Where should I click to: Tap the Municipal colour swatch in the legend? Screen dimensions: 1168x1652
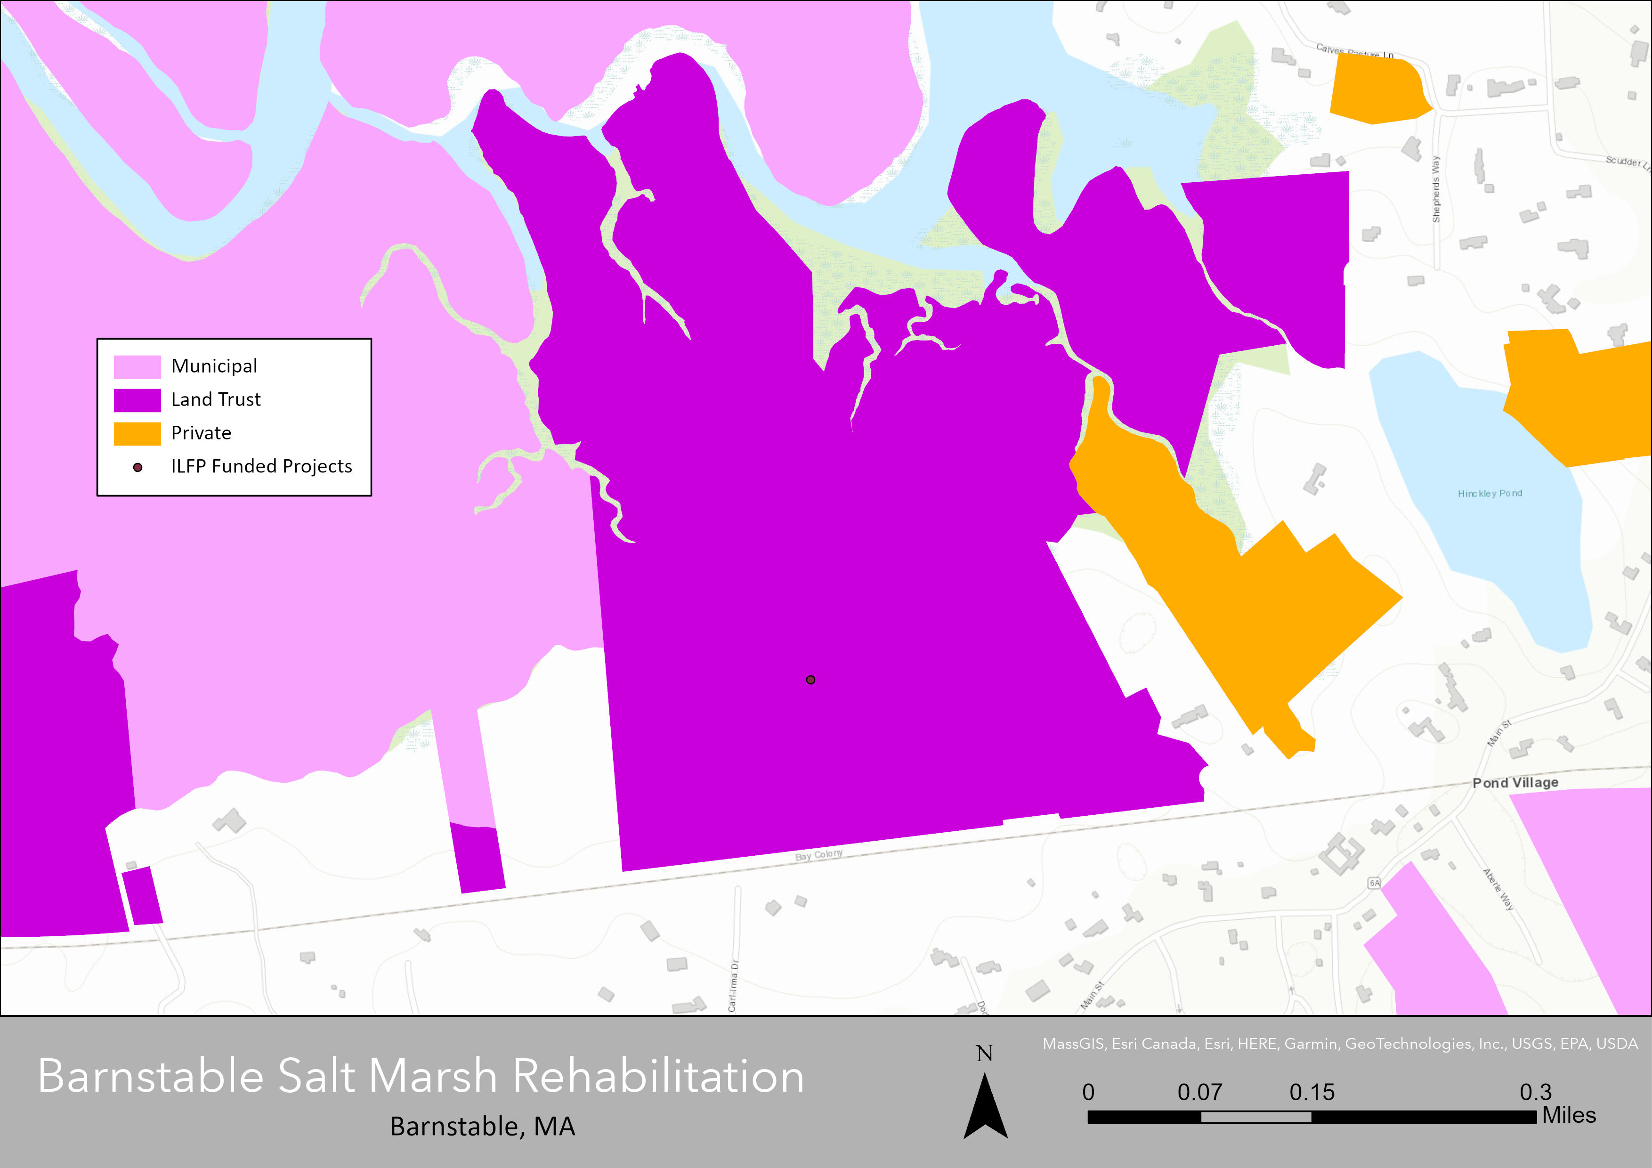pos(137,366)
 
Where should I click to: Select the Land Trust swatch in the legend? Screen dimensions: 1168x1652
pos(137,400)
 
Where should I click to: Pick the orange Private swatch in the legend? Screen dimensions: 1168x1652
pos(137,433)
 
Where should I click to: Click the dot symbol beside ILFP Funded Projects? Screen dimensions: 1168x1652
pos(138,467)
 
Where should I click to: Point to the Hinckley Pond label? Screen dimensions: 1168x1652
pos(1490,493)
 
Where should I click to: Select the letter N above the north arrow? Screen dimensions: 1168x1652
pos(984,1054)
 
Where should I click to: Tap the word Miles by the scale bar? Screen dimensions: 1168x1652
pos(1569,1115)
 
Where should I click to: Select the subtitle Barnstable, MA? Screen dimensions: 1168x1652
pos(482,1126)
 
